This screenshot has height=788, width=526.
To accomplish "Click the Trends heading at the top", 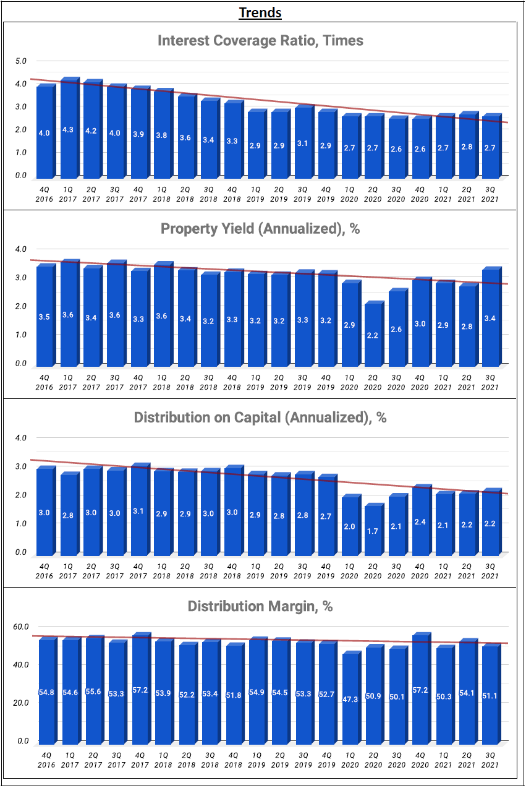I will [260, 12].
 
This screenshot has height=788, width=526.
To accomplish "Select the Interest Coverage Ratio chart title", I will [260, 41].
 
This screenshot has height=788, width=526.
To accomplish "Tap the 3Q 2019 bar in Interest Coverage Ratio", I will [302, 143].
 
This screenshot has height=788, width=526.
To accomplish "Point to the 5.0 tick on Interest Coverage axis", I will [20, 61].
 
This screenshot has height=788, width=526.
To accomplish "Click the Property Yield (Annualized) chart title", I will [260, 229].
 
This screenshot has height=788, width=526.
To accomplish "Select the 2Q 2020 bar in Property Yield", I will [373, 334].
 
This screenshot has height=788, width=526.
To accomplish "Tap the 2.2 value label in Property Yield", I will [373, 335].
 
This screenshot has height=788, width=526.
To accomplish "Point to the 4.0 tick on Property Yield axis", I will [20, 249].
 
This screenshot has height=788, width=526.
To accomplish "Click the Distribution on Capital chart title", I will [260, 418].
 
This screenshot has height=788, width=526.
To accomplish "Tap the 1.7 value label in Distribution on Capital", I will [373, 531].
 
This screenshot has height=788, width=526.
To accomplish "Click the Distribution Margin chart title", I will [260, 607].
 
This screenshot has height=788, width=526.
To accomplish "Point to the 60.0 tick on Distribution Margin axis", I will [20, 627].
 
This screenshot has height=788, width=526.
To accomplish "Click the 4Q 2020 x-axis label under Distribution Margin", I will [420, 760].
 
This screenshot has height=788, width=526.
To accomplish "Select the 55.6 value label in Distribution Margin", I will [93, 693].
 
